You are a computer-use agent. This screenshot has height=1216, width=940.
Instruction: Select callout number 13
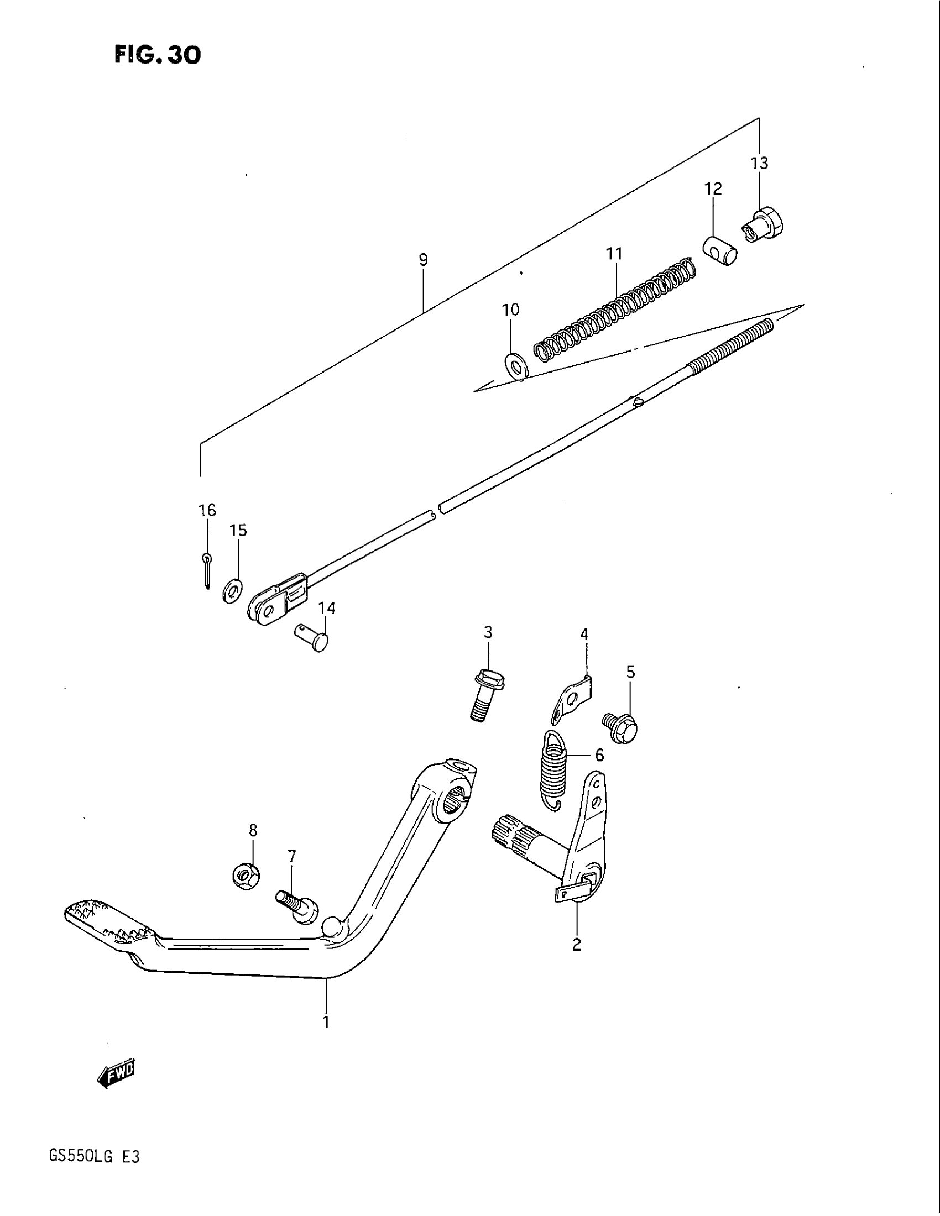(759, 163)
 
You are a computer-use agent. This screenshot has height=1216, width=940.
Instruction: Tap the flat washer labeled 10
(517, 365)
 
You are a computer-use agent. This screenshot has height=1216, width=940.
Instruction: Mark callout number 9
(423, 259)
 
